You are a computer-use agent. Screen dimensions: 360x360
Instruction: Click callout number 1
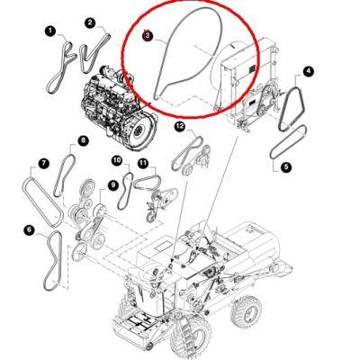pyautogui.click(x=50, y=31)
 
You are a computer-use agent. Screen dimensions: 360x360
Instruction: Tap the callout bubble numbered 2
pyautogui.click(x=89, y=22)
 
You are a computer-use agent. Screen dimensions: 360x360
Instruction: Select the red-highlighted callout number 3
pyautogui.click(x=148, y=36)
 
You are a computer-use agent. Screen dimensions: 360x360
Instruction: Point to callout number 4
pyautogui.click(x=308, y=71)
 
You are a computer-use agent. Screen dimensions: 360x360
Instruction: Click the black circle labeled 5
pyautogui.click(x=286, y=166)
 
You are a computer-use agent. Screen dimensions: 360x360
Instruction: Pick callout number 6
pyautogui.click(x=29, y=230)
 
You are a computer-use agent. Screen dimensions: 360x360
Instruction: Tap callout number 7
pyautogui.click(x=43, y=164)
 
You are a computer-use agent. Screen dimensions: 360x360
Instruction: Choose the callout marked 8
pyautogui.click(x=83, y=140)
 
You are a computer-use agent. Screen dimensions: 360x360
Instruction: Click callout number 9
pyautogui.click(x=112, y=184)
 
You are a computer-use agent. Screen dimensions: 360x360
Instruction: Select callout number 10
pyautogui.click(x=117, y=160)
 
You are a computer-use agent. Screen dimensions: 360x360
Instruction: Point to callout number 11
pyautogui.click(x=143, y=163)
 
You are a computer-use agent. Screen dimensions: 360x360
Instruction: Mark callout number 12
pyautogui.click(x=180, y=127)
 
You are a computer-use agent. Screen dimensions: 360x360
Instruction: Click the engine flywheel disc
pyautogui.click(x=140, y=131)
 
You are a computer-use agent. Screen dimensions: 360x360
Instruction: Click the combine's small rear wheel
pyautogui.click(x=246, y=312)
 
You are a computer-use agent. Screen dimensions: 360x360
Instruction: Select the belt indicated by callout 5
pyautogui.click(x=288, y=142)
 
